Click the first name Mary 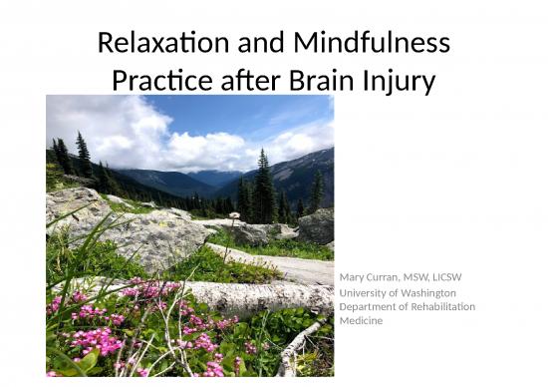click(x=352, y=276)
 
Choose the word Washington click(x=428, y=292)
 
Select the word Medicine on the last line click(x=362, y=320)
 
